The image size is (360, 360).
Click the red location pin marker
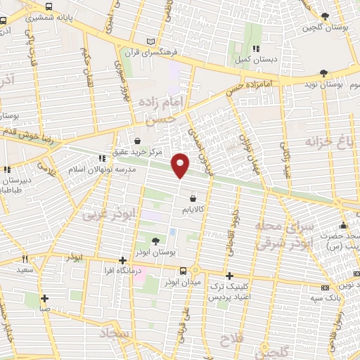pyautogui.click(x=181, y=165)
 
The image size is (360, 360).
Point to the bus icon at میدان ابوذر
pyautogui.click(x=183, y=271)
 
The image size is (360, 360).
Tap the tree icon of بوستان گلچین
pyautogui.click(x=323, y=16)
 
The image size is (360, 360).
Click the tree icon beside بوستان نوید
pyautogui.click(x=323, y=72)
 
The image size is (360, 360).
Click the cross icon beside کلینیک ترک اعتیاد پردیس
pyautogui.click(x=229, y=276)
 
